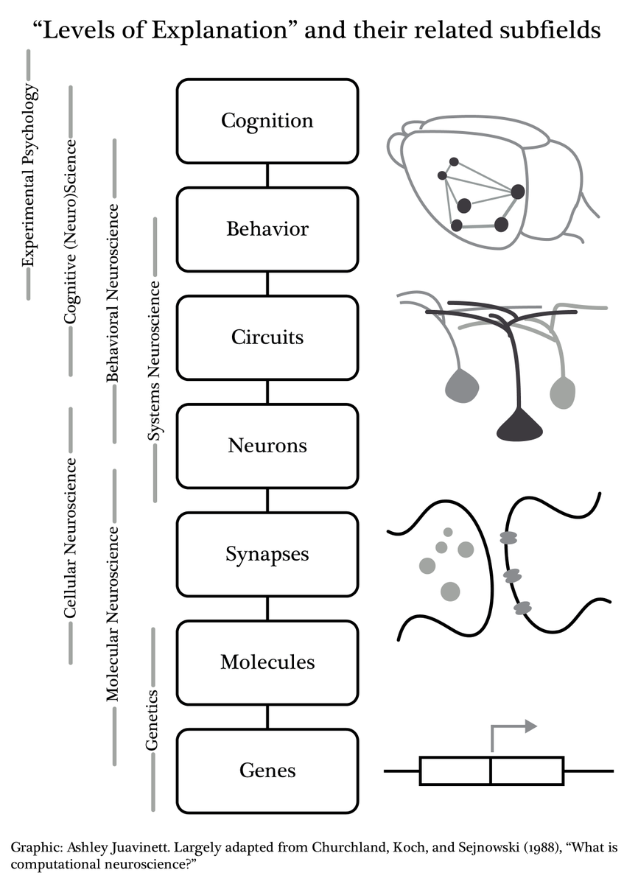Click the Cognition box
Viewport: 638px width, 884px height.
tap(267, 121)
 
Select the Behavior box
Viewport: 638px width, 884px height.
tap(267, 229)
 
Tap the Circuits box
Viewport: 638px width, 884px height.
tap(267, 337)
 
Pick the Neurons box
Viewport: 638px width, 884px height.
tap(267, 446)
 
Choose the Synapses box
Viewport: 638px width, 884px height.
tap(267, 554)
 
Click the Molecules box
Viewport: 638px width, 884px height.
tap(267, 662)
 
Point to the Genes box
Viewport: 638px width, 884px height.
tap(267, 771)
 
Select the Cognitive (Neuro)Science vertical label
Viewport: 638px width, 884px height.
tap(71, 231)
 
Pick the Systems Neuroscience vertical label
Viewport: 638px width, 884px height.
tap(155, 360)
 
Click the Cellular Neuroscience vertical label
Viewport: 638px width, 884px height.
tap(71, 537)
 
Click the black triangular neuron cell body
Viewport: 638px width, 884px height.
tap(520, 427)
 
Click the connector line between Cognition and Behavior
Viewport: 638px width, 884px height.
tap(267, 175)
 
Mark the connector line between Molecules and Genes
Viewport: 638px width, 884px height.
tap(267, 717)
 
